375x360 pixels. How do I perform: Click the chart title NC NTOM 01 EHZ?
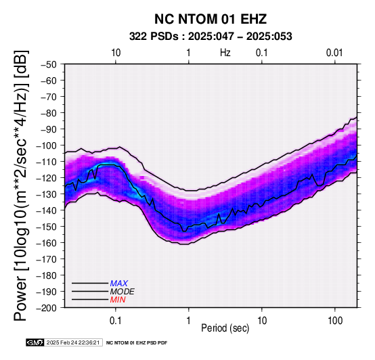[211, 19]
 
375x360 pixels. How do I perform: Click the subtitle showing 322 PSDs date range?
[211, 37]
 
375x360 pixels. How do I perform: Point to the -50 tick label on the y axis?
[49, 64]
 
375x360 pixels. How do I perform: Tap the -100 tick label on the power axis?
[46, 145]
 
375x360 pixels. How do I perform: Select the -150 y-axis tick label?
[46, 227]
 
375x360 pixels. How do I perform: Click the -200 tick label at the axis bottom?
[46, 308]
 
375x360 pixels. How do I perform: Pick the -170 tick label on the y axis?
[46, 259]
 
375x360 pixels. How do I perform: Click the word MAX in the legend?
[119, 284]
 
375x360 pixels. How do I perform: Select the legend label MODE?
[123, 292]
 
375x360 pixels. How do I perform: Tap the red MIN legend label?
[118, 300]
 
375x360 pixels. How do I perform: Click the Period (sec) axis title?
[225, 328]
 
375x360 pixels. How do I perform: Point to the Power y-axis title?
[21, 186]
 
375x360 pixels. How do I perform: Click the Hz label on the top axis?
[225, 53]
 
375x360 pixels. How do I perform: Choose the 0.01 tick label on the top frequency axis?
[334, 53]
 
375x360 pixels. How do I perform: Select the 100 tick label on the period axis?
[335, 321]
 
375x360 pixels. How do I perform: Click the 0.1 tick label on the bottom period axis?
[116, 321]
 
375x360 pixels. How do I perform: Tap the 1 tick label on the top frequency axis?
[188, 53]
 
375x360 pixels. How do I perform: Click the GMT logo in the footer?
[35, 342]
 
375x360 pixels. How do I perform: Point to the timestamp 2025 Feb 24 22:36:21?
[73, 342]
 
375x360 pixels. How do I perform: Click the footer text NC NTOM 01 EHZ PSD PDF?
[137, 343]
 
